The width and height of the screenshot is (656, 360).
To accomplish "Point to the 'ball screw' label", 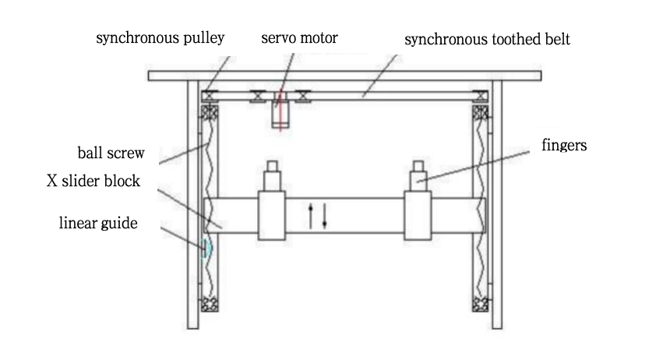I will (x=111, y=151).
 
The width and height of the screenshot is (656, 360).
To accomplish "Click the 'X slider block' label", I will (x=93, y=181).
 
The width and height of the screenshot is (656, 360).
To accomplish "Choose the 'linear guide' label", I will (x=98, y=224).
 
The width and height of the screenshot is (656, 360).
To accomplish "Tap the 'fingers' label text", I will (x=563, y=146).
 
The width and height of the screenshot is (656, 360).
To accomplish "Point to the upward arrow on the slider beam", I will (x=312, y=216).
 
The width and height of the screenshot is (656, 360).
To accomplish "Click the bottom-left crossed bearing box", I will (x=208, y=304).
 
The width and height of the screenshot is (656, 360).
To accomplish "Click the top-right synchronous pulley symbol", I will (x=481, y=97).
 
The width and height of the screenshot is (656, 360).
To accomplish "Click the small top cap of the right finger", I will (x=419, y=166).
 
